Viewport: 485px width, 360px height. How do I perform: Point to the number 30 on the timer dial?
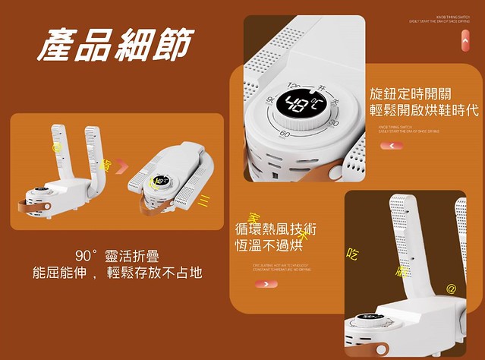[x=333, y=124]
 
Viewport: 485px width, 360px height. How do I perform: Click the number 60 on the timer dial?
[x=285, y=134]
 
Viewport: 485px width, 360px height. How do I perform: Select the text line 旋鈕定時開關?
[x=411, y=94]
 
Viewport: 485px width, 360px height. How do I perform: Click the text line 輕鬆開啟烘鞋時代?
[x=424, y=111]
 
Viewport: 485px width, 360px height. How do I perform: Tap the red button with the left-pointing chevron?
[x=392, y=144]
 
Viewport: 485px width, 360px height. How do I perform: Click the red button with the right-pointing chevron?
[x=266, y=284]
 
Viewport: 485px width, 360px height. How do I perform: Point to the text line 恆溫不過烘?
[x=269, y=245]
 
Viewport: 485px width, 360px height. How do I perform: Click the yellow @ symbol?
[x=451, y=289]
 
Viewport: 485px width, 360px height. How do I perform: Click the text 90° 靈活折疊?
[x=117, y=256]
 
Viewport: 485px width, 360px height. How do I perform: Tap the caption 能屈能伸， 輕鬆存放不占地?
[x=117, y=273]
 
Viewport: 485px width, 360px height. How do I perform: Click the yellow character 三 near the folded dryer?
[x=203, y=201]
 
